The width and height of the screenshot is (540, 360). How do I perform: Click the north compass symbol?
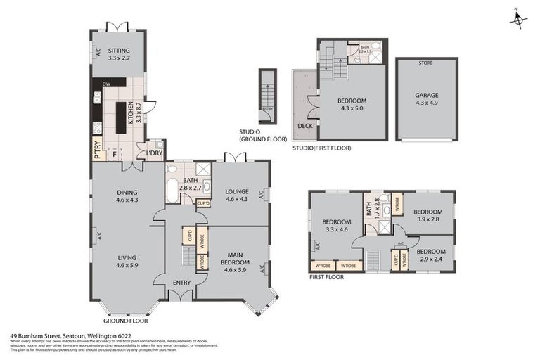518,20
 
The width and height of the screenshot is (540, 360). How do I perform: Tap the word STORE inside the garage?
425,63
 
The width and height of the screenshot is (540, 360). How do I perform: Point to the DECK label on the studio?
305,126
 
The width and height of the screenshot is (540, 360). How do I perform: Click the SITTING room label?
118,51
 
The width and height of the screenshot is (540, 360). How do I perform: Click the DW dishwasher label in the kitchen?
106,84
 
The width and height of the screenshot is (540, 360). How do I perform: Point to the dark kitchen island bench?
131,117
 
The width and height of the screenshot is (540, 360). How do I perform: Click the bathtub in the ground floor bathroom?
172,191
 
